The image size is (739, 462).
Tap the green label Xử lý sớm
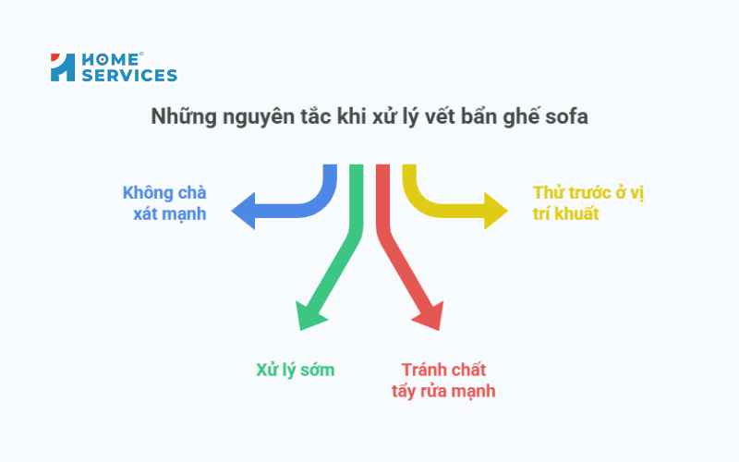(x=295, y=370)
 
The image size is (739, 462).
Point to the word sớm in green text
(x=316, y=370)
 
